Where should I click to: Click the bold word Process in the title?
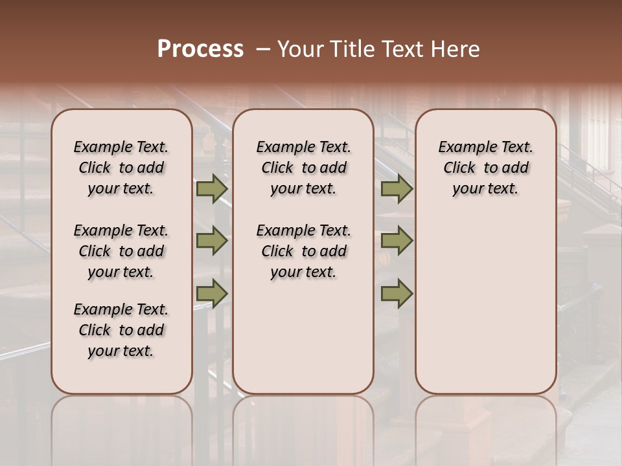click(x=200, y=49)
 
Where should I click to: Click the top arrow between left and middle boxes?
click(x=212, y=189)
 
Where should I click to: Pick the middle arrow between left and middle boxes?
click(x=212, y=241)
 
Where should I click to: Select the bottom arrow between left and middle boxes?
click(x=212, y=293)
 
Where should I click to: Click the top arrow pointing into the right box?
click(x=397, y=189)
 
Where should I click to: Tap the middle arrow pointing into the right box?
click(x=397, y=241)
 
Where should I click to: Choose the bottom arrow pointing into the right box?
click(x=397, y=293)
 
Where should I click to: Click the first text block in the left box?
click(x=121, y=168)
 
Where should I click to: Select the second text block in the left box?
click(x=121, y=251)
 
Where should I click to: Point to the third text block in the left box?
click(x=121, y=330)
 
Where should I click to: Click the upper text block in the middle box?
click(x=304, y=168)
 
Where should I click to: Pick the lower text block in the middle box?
click(x=304, y=251)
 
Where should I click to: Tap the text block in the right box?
click(x=486, y=168)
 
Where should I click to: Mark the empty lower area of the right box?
click(x=486, y=298)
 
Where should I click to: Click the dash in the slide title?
click(x=263, y=49)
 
